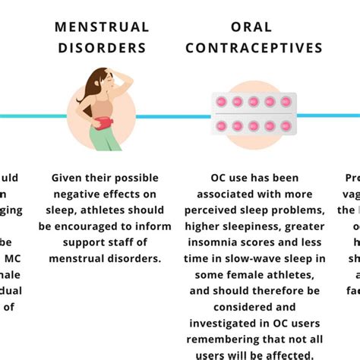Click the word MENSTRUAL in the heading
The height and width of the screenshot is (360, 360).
pyautogui.click(x=102, y=27)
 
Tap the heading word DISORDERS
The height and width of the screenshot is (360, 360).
pyautogui.click(x=102, y=48)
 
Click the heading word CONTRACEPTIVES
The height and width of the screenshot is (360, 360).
pyautogui.click(x=254, y=48)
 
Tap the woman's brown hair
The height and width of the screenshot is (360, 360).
pyautogui.click(x=96, y=85)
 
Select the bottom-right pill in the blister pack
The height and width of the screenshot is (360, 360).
pyautogui.click(x=284, y=126)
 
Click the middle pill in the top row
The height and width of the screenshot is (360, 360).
pyautogui.click(x=254, y=102)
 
